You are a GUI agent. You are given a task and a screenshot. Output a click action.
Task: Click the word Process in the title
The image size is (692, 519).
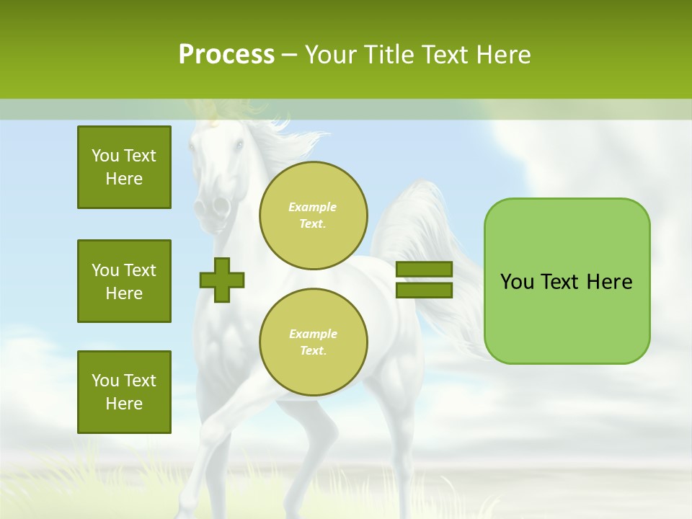click(226, 55)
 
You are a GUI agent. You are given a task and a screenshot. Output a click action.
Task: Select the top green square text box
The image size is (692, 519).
click(124, 167)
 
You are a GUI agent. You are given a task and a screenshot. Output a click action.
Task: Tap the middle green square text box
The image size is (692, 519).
click(124, 281)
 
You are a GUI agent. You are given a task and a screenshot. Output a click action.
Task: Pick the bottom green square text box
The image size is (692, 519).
click(124, 391)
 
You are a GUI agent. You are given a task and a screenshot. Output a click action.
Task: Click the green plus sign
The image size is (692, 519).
click(222, 279)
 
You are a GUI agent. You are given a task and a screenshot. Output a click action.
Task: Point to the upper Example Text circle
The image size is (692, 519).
click(313, 215)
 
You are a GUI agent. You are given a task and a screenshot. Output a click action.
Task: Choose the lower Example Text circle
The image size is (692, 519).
click(313, 342)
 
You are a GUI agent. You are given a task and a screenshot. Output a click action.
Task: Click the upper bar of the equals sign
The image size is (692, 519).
click(424, 270)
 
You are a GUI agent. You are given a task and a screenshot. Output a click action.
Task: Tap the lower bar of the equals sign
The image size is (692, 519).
click(424, 290)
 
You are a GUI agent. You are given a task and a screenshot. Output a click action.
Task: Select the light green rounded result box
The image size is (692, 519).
click(567, 317)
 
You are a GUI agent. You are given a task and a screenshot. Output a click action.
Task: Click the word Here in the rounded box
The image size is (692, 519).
click(609, 282)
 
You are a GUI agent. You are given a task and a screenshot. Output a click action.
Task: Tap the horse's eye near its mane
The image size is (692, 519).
click(239, 145)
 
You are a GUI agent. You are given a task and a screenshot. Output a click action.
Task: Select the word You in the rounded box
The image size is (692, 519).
click(516, 282)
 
